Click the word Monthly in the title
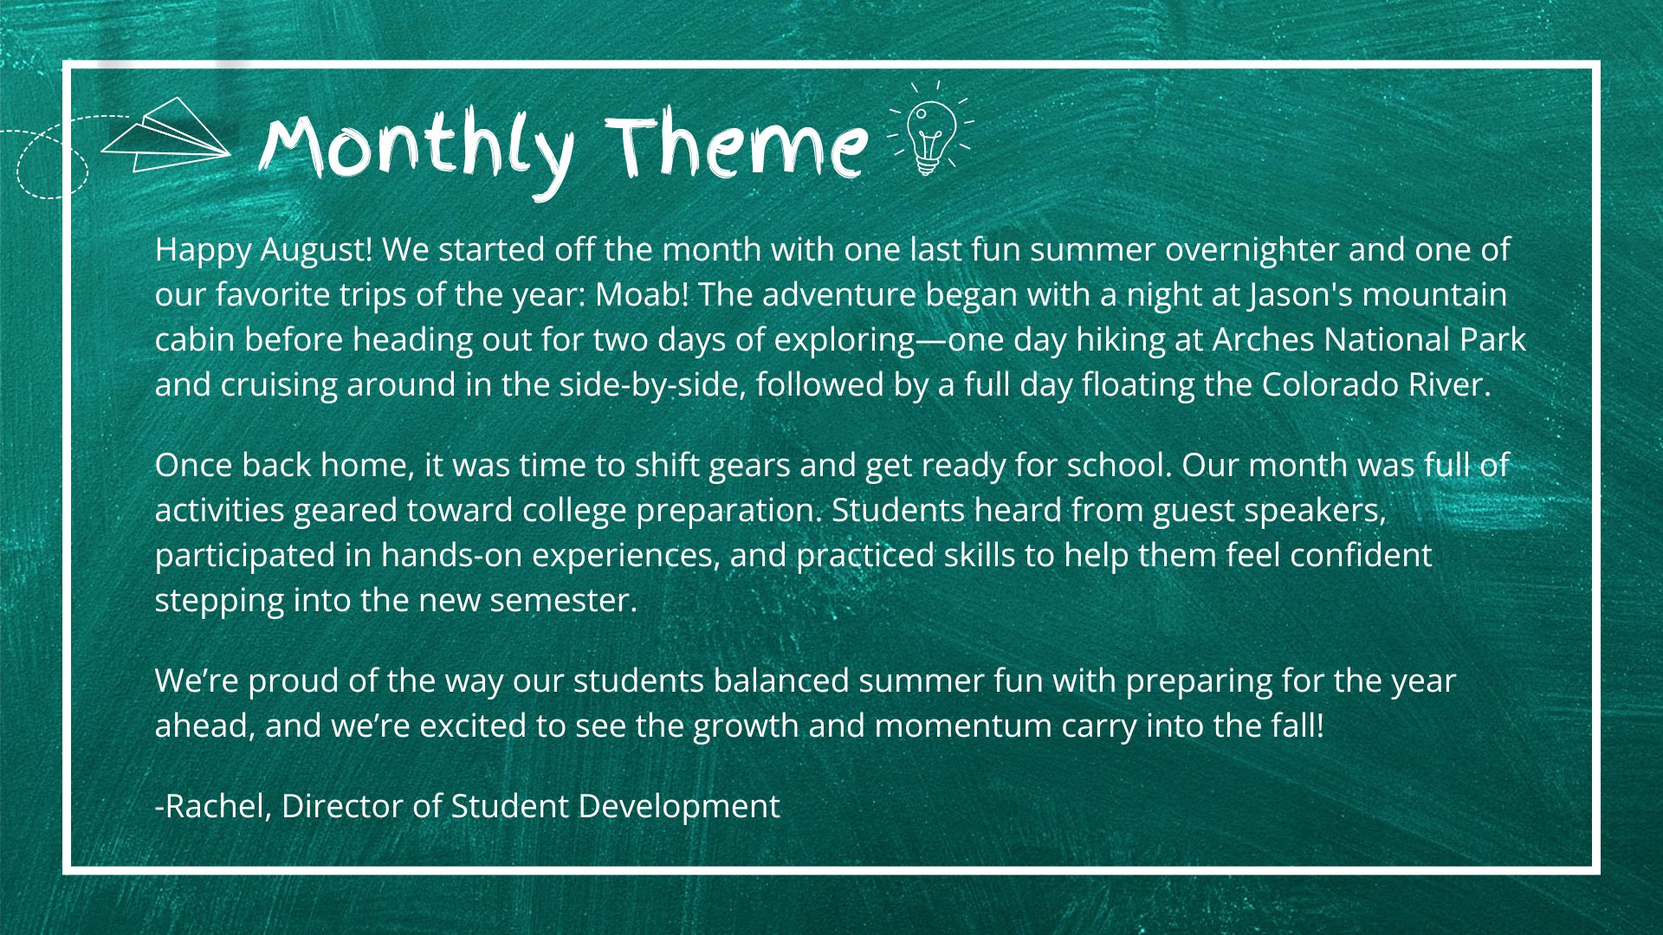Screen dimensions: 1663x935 click(416, 149)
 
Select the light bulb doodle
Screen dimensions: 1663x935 click(930, 130)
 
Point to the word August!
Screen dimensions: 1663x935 click(316, 251)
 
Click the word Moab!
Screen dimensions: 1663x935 click(642, 295)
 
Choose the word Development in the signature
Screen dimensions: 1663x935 click(679, 808)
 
